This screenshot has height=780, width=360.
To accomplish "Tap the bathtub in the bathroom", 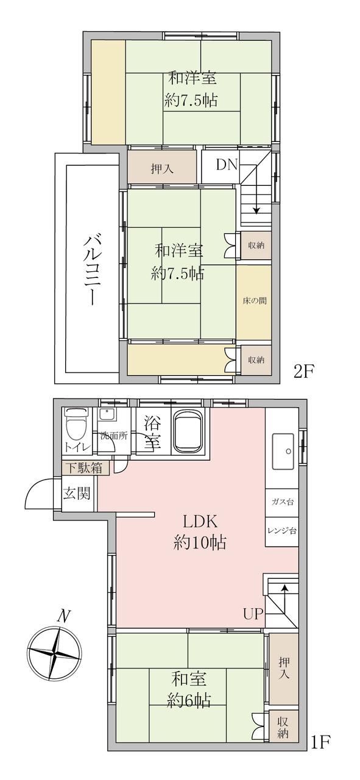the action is click(189, 430).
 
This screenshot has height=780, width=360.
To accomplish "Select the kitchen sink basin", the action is click(283, 452).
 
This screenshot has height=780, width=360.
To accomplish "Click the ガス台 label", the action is click(282, 502).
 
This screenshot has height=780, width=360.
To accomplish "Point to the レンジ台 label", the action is click(282, 531).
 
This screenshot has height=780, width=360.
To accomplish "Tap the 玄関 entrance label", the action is click(77, 494).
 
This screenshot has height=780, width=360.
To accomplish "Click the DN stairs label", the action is click(227, 165).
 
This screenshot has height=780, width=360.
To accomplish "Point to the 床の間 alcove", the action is click(254, 301).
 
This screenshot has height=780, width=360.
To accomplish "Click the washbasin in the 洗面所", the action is click(107, 414).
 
